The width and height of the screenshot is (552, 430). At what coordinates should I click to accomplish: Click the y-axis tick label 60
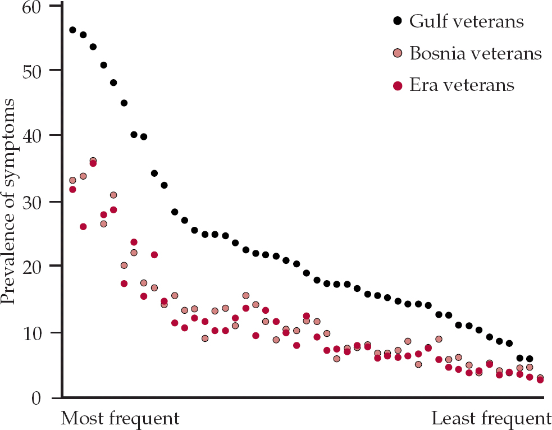[x=37, y=7]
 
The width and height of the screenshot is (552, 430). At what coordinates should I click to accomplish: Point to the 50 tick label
[x=37, y=71]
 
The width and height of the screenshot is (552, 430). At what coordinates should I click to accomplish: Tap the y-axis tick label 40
[x=37, y=136]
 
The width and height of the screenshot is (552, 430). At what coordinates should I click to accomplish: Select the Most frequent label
[x=120, y=419]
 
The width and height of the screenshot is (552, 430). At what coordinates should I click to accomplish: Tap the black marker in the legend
[x=398, y=21]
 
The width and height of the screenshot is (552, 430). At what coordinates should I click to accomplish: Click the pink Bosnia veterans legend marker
[x=398, y=53]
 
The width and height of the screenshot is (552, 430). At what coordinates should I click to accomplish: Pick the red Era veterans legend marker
[x=398, y=85]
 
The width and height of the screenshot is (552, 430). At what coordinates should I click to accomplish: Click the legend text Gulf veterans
[x=467, y=21]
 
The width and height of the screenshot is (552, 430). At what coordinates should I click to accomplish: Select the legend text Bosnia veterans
[x=476, y=53]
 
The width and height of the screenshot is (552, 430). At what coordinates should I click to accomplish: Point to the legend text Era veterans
[x=462, y=85]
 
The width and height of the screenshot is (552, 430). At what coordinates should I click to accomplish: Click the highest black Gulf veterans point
[x=72, y=30]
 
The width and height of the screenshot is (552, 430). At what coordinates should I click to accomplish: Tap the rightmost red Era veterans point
[x=540, y=380]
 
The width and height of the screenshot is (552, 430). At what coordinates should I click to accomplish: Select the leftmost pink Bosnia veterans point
[x=72, y=180]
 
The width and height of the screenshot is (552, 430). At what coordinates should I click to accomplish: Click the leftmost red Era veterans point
[x=72, y=189]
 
